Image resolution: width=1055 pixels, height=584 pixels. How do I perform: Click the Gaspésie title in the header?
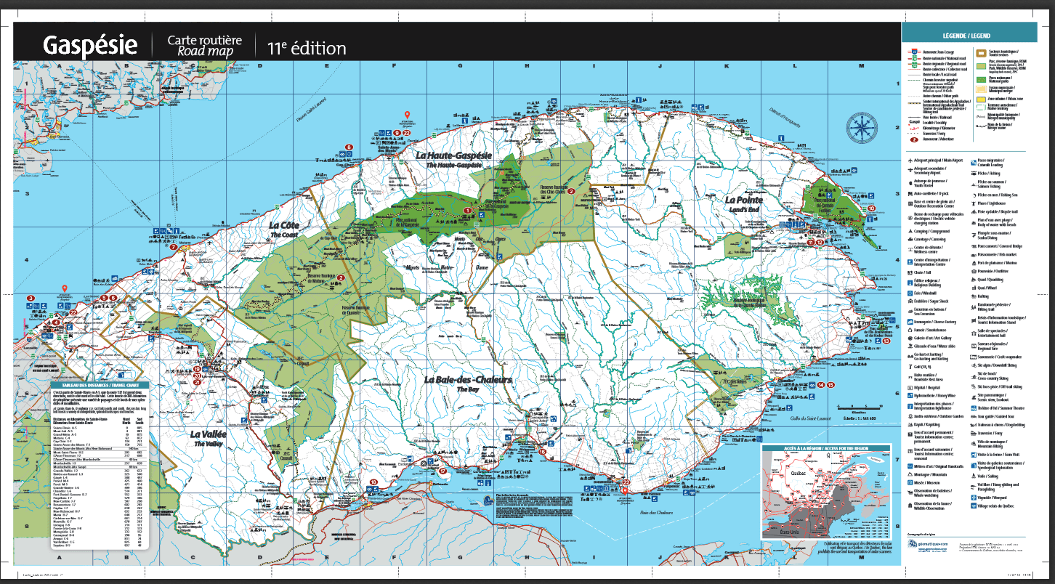click(x=90, y=46)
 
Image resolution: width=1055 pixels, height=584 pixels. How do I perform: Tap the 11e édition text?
click(x=306, y=49)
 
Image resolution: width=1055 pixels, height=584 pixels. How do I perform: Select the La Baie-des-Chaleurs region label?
click(x=469, y=383)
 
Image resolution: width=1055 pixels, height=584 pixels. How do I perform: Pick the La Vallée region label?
click(x=209, y=437)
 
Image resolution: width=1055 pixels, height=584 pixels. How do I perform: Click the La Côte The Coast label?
click(x=285, y=230)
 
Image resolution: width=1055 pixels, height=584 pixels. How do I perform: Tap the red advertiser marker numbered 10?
click(x=871, y=208)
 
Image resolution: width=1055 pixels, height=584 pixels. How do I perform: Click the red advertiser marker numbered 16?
click(x=542, y=452)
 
